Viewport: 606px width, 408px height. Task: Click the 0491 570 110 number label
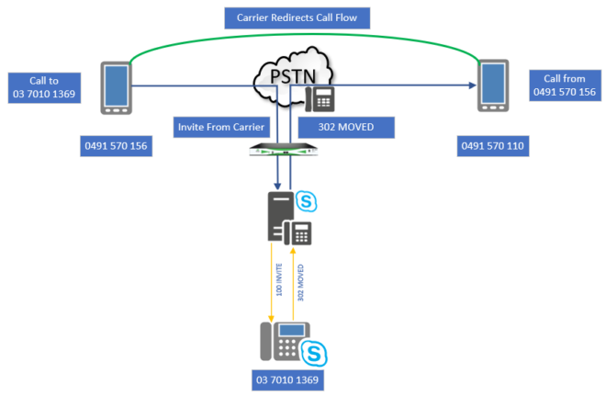click(x=493, y=145)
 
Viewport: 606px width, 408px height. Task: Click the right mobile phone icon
click(x=492, y=87)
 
